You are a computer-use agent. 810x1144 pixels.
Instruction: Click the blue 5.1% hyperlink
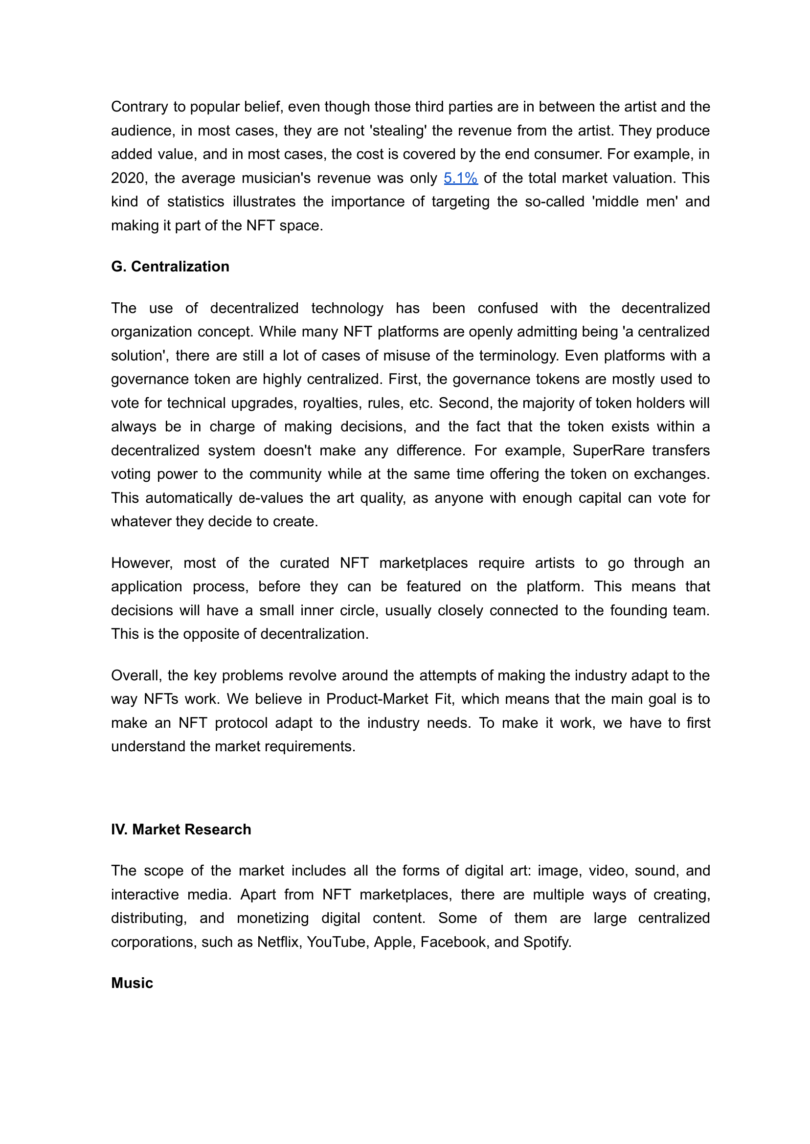click(x=460, y=178)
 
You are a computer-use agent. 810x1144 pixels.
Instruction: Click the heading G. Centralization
click(x=170, y=267)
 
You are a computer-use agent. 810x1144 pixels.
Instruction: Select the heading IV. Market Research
click(x=181, y=830)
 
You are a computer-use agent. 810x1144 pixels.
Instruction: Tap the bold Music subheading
click(x=132, y=983)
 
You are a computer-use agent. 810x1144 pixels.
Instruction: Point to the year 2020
click(x=128, y=178)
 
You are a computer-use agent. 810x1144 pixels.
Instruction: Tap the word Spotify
click(x=547, y=942)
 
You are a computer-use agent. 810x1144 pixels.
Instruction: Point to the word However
click(x=142, y=563)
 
